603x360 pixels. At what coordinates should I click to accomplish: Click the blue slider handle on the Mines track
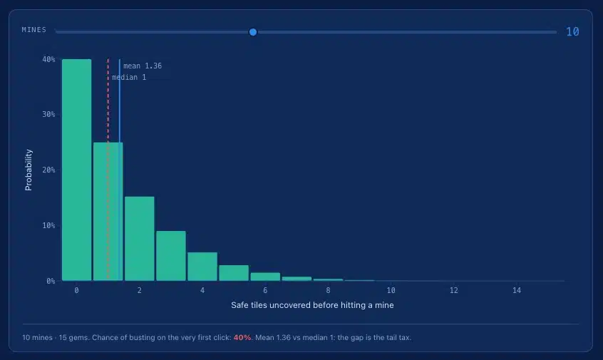coord(252,32)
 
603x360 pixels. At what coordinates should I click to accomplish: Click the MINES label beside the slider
coord(33,30)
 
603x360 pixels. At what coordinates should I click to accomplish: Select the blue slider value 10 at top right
coord(572,31)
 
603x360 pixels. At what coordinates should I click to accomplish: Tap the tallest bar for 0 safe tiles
coord(76,170)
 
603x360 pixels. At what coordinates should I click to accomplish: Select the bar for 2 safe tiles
coord(140,239)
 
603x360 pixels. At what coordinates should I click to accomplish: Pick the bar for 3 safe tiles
coord(171,256)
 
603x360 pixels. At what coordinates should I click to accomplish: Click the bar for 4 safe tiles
coord(202,267)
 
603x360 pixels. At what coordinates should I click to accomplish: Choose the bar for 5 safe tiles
coord(234,273)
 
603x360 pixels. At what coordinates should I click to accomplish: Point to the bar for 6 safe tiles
coord(265,277)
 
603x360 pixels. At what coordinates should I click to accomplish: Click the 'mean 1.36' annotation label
coord(143,66)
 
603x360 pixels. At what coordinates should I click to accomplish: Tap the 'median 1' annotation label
coord(129,77)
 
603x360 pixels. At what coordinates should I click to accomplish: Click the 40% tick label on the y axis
coord(49,59)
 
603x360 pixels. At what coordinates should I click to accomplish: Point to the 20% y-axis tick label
coord(49,170)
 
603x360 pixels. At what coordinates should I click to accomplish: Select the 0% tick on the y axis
coord(51,281)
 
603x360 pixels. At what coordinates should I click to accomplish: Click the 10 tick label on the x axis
coord(391,290)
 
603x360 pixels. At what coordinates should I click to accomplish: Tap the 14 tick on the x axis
coord(517,290)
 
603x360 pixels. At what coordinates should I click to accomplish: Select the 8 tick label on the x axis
coord(328,290)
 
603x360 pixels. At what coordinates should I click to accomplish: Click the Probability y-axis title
coord(29,170)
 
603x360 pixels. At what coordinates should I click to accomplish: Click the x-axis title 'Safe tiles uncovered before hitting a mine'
coord(312,305)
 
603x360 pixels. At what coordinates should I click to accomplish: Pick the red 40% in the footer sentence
coord(242,337)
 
